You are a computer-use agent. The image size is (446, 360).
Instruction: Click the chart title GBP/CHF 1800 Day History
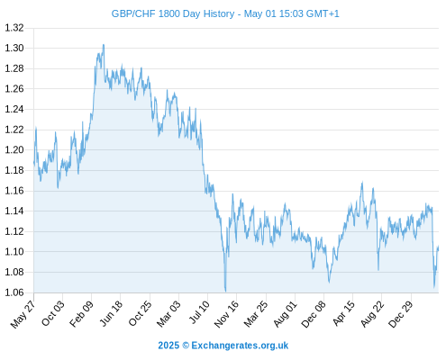pos(173,13)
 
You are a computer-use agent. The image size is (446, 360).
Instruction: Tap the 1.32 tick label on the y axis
pos(14,28)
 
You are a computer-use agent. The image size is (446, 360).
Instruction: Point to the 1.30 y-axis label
pos(14,48)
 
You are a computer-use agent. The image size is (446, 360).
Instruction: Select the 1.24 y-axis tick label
pos(14,109)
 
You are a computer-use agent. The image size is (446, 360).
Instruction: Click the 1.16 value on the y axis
pos(14,191)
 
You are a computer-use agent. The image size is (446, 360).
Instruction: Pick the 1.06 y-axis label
pos(14,292)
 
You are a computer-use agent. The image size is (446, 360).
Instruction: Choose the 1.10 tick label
pos(14,252)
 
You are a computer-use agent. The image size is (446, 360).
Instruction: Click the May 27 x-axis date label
pos(23,314)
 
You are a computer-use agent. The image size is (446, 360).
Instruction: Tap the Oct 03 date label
pos(52,313)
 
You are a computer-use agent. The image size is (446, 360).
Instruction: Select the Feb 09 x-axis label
pos(81,314)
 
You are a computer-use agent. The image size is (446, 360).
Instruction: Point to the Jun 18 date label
pos(111,313)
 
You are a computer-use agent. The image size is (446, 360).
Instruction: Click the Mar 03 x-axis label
pos(168,314)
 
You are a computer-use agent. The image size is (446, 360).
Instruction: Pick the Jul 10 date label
pos(199,312)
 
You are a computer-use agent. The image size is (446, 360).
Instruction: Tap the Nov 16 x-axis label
pos(226,314)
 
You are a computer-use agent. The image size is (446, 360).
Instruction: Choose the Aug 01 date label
pos(285,314)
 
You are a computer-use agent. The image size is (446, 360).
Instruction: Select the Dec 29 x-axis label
pos(401,314)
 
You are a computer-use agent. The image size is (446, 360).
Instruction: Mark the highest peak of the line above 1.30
pos(104,45)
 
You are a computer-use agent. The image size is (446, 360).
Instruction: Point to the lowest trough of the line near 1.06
pos(225,292)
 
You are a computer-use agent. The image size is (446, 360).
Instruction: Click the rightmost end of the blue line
pos(439,247)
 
